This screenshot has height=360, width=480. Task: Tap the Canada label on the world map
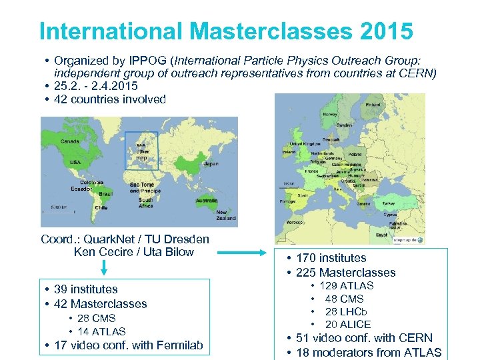click(69, 141)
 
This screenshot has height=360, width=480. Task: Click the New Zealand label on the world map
click(225, 215)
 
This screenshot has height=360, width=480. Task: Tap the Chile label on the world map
click(101, 207)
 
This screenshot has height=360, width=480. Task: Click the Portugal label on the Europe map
click(287, 201)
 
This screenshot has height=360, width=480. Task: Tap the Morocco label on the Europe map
click(294, 222)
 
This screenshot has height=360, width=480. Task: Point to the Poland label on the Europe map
click(355, 153)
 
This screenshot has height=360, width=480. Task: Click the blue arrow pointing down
click(103, 268)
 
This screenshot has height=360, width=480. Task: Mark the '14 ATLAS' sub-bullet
click(101, 331)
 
